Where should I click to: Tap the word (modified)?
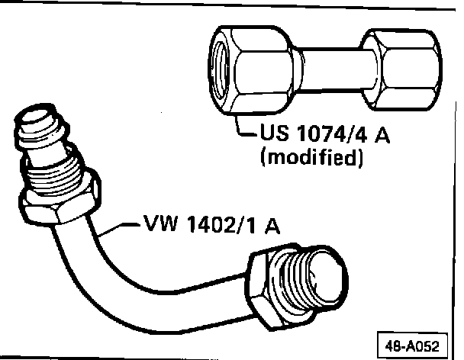point(309,159)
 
